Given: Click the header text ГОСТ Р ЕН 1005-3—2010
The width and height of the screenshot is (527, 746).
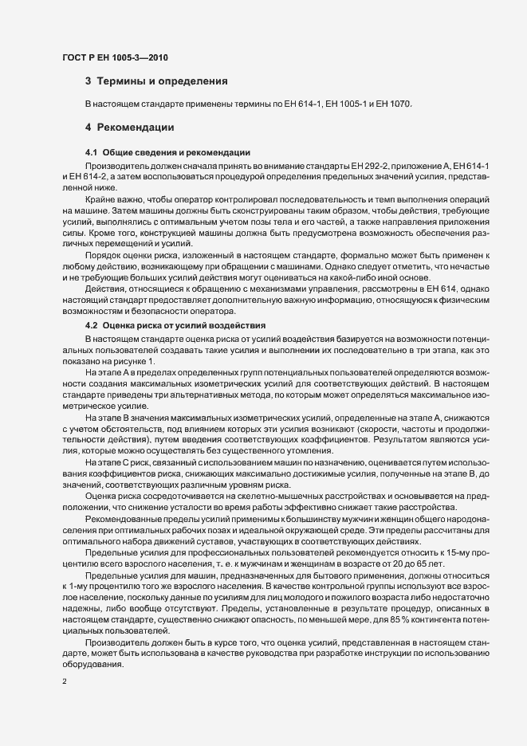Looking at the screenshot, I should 115,57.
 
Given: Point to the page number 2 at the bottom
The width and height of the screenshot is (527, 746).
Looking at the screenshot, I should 65,681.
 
